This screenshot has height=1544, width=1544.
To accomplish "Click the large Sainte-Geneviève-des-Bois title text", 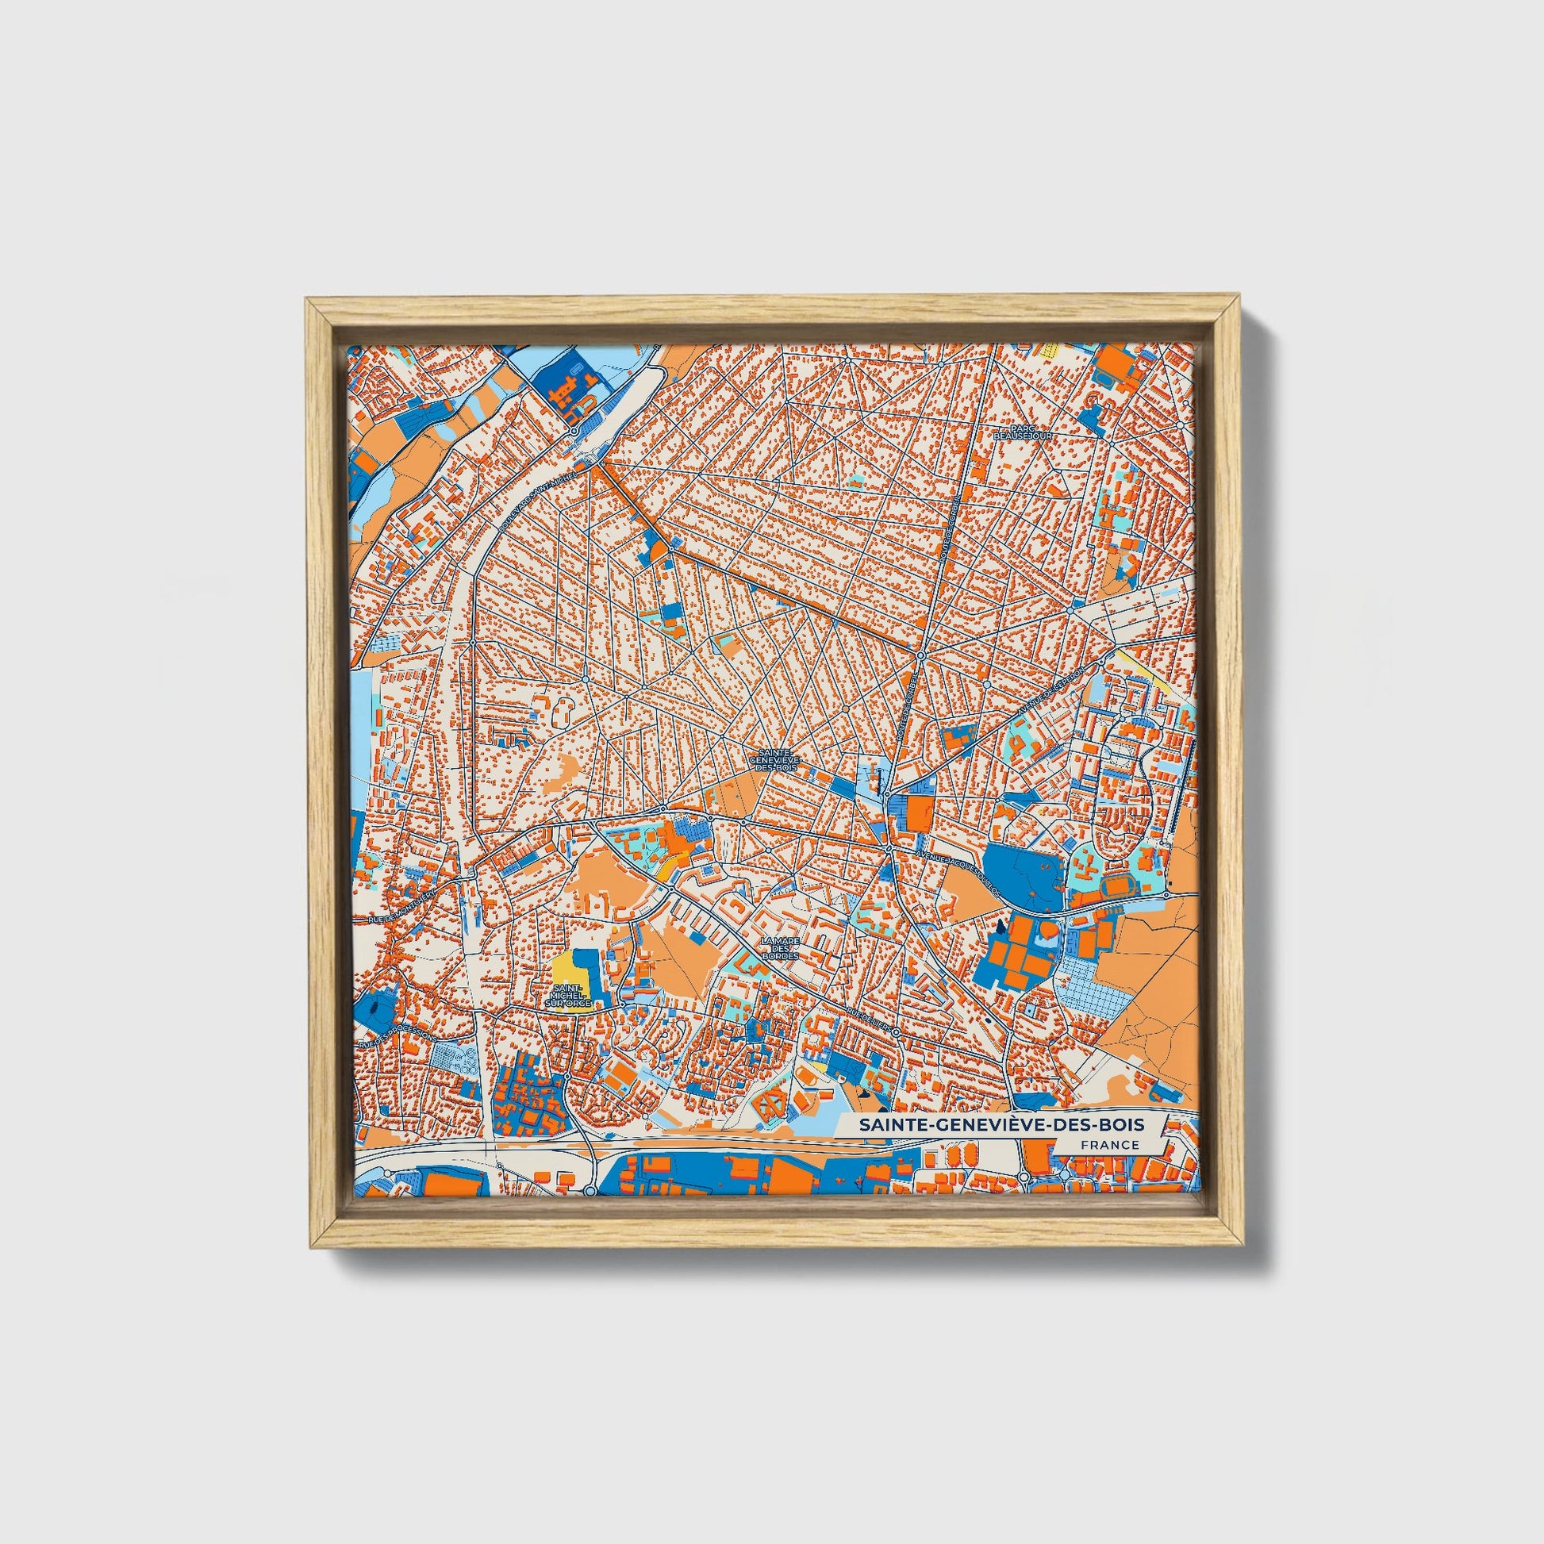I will tap(1001, 1124).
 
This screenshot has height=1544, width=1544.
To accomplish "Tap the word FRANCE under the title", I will tap(1109, 1144).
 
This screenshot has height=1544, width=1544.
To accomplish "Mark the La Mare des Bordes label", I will tap(780, 949).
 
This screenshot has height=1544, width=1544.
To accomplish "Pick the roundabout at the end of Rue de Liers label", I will tap(897, 1032).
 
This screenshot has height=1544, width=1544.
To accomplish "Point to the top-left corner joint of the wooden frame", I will tap(313, 305).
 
